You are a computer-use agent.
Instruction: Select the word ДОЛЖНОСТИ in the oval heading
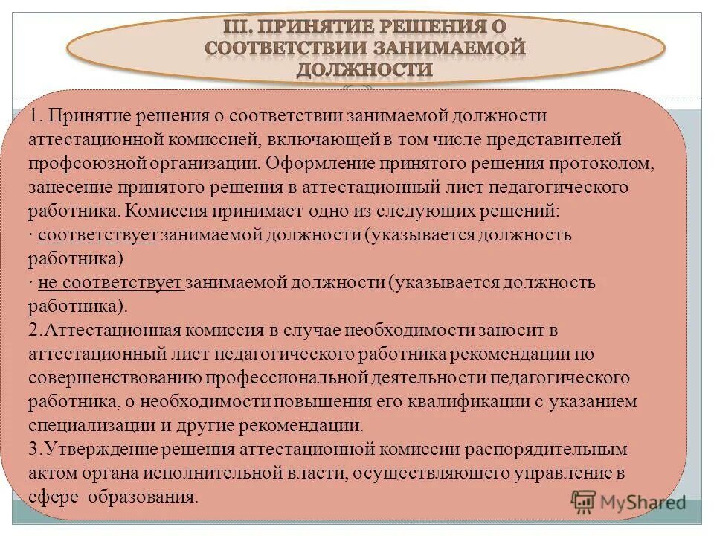coord(364,69)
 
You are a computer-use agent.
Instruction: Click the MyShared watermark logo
coord(628,502)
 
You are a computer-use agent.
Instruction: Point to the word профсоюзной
coord(80,163)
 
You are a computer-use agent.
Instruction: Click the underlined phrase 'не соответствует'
coord(110,283)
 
